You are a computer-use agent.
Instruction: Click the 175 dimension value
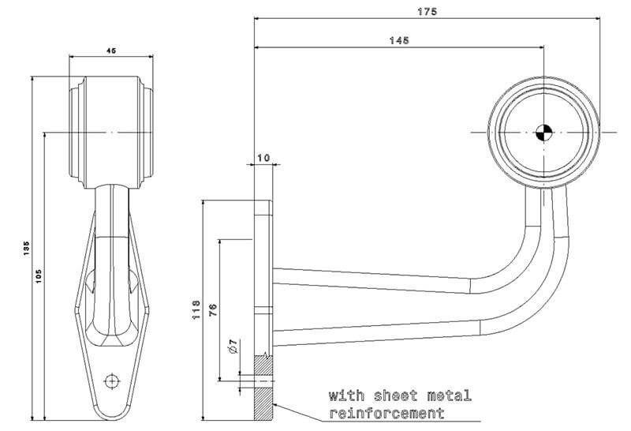click(x=427, y=12)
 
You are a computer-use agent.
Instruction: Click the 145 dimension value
click(x=399, y=40)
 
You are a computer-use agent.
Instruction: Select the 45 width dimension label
click(x=111, y=51)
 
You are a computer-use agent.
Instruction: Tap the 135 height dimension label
click(x=26, y=249)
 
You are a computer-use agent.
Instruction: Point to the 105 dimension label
click(x=38, y=276)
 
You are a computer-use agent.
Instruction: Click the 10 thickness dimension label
click(x=263, y=158)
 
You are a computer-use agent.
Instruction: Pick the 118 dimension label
click(x=196, y=309)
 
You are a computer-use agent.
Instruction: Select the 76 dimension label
click(x=213, y=309)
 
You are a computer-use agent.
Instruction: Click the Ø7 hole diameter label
click(x=233, y=347)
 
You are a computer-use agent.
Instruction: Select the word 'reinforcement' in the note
click(x=386, y=414)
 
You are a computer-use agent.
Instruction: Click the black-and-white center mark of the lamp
click(x=544, y=132)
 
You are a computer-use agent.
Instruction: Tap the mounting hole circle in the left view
click(x=111, y=380)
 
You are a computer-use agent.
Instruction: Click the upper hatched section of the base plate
click(x=263, y=366)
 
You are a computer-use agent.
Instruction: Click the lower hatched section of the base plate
click(x=263, y=403)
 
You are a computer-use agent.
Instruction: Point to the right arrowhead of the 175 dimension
click(x=596, y=18)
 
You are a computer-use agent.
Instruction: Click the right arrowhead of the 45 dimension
click(x=151, y=57)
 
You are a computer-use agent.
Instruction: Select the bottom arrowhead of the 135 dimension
click(x=32, y=418)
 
